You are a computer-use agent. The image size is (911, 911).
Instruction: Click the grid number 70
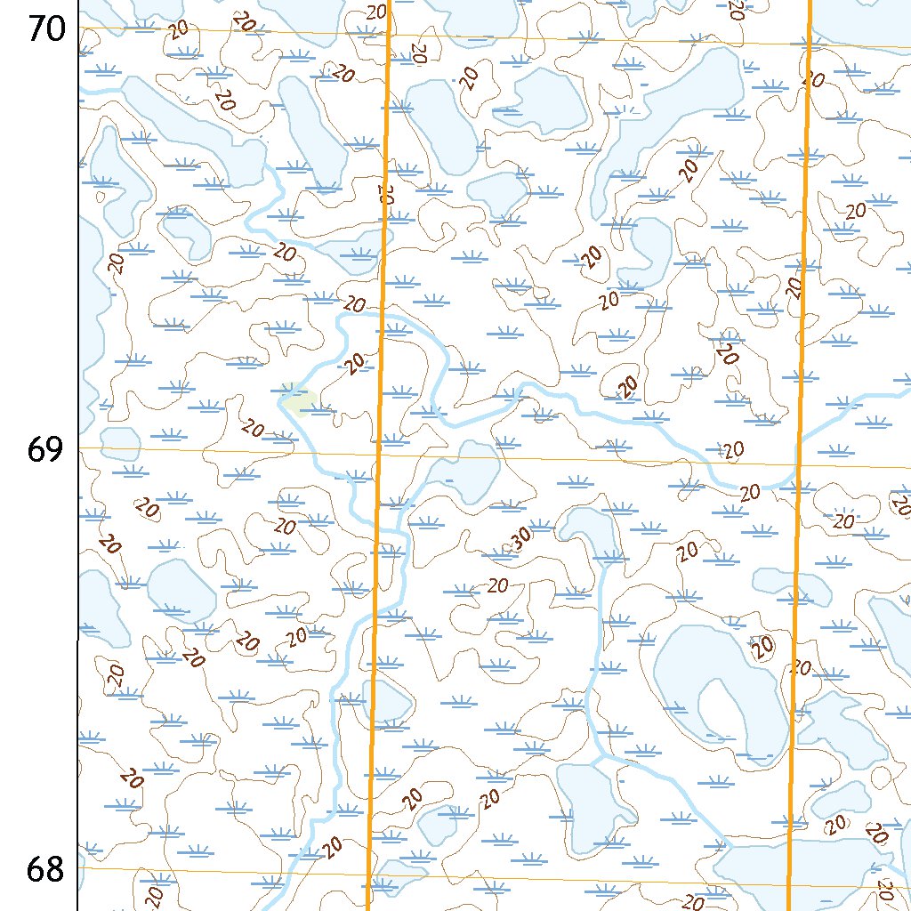coord(45,29)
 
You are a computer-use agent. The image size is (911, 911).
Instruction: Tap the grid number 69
coord(45,449)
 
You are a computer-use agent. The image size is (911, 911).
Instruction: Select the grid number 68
coord(45,869)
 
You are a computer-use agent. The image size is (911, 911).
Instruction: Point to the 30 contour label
coord(520,536)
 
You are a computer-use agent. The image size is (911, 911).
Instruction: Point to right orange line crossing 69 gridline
coord(798,463)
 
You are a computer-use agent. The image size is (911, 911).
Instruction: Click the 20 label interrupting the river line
coord(750,491)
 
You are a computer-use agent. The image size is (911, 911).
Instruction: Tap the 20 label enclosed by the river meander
coord(355,363)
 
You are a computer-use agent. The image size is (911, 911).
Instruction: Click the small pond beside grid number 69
coord(121,443)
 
